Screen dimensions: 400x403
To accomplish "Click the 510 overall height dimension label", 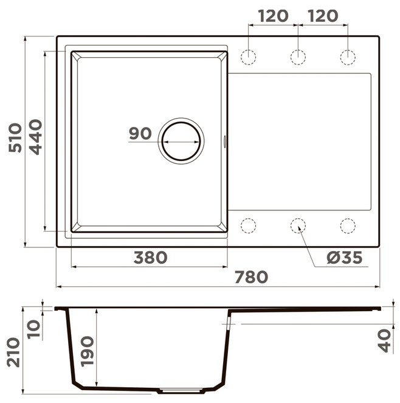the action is point(15,138).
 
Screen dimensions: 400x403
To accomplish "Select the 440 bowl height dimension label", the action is point(35,137).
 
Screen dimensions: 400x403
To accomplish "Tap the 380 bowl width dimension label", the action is point(150,258).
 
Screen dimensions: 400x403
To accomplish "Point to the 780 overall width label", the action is point(252,277).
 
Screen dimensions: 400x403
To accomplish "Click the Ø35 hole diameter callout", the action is point(345,258).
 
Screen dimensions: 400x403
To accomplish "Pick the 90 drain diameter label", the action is point(140,134).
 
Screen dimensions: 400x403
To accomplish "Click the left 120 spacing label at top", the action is point(273,16).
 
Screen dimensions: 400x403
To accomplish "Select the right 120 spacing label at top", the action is point(323,16).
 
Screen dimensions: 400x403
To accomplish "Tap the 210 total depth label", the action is point(13,353).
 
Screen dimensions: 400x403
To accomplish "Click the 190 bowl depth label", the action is point(87,351).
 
